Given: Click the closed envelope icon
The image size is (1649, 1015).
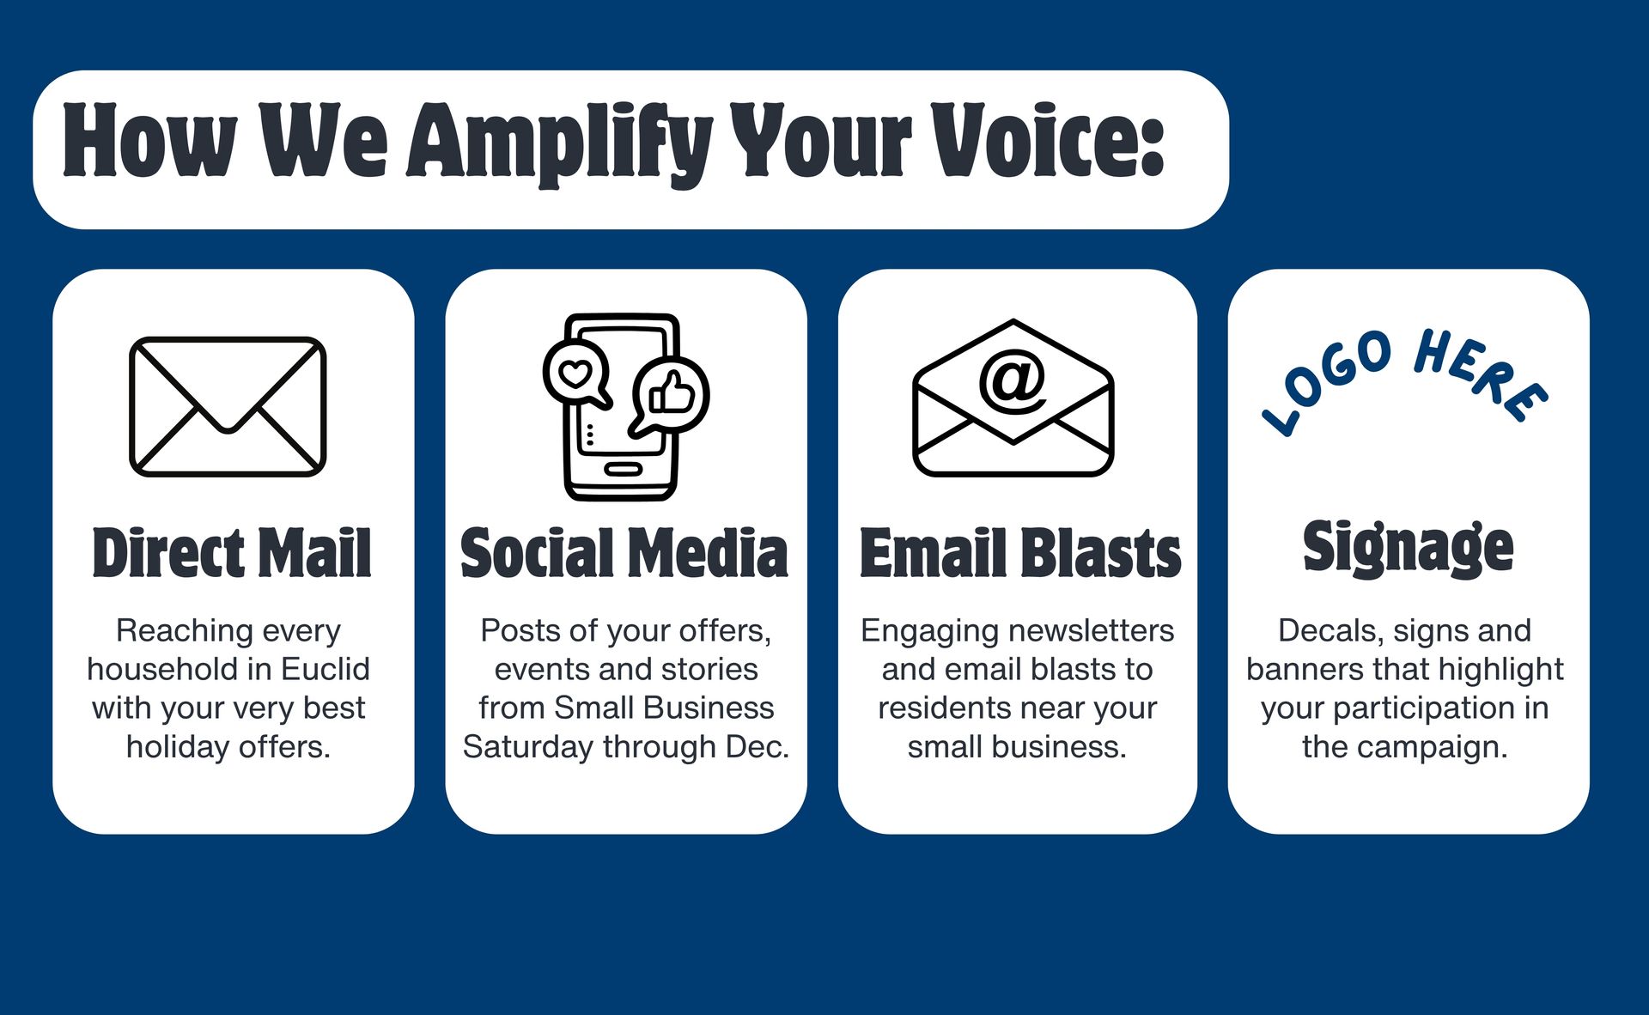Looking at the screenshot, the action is coord(228,406).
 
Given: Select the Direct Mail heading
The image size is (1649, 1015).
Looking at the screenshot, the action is coord(232,552).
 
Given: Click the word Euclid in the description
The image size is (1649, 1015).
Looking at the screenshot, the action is coord(325,669).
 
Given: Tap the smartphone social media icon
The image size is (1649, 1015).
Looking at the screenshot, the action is coord(625,407).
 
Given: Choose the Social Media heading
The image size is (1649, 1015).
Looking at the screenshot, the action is coord(624,552).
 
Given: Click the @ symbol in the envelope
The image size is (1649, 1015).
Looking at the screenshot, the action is coord(1013,380).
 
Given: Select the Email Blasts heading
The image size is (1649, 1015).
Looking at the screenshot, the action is coord(1020,552).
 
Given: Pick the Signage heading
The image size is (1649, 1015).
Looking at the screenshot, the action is coord(1408,547).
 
